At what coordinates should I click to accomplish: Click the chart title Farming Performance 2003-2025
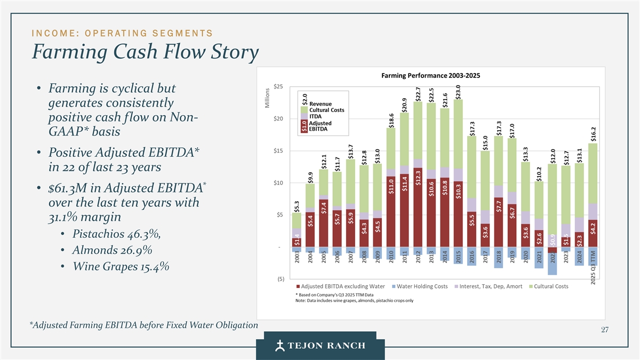431,75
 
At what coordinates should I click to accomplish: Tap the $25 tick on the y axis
278,86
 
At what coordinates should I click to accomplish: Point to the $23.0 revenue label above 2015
458,91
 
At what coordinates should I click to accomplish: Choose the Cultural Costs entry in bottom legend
549,286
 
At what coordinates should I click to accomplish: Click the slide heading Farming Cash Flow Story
145,52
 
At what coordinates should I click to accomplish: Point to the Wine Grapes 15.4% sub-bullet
121,266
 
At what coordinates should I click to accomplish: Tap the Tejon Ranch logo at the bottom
320,345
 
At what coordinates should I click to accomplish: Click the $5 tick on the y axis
279,215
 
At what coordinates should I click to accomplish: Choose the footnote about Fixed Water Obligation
145,325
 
